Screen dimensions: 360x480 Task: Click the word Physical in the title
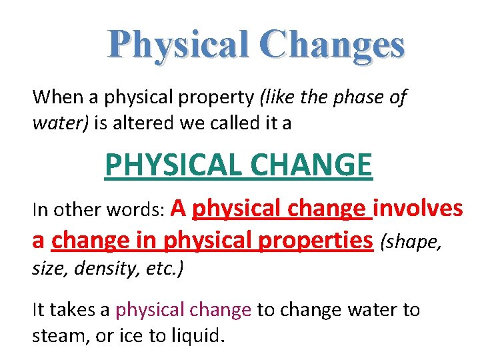point(175,45)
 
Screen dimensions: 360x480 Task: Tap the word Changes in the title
point(333,45)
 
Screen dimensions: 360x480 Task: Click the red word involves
point(418,209)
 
